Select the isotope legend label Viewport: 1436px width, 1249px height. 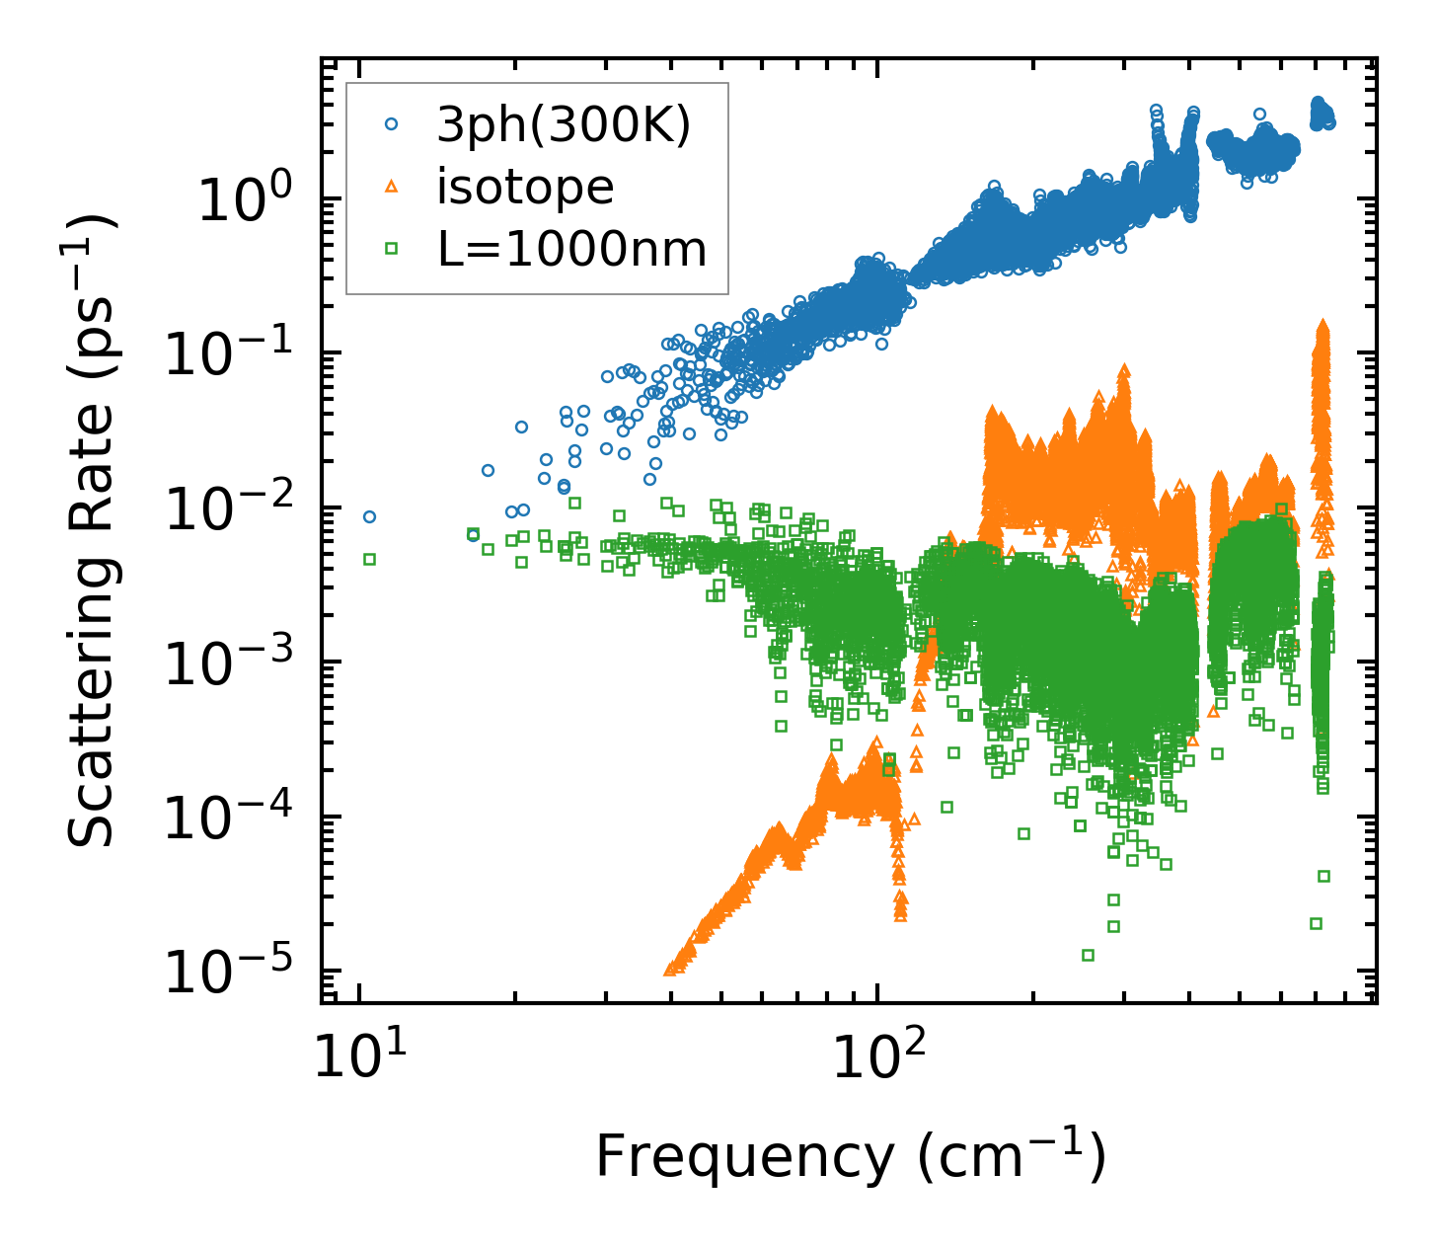tap(525, 188)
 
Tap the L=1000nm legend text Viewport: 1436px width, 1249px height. tap(572, 250)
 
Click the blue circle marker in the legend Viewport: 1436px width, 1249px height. tap(391, 124)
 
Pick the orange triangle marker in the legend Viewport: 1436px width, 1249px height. tap(391, 187)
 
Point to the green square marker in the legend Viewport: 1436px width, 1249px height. tap(391, 249)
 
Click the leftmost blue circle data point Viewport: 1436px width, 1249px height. tap(369, 516)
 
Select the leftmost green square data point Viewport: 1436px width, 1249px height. tap(369, 559)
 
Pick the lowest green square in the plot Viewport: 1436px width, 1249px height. tap(1088, 955)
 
